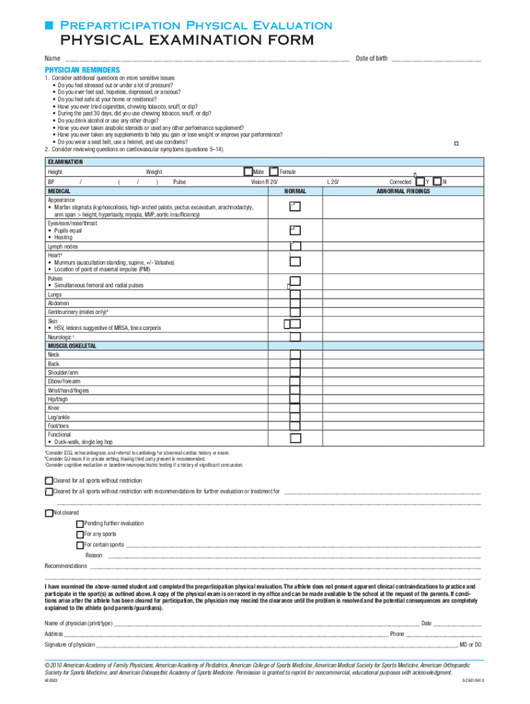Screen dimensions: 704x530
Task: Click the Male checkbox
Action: coord(248,171)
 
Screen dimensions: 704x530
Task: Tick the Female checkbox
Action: coord(274,171)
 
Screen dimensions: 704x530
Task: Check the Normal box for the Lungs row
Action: coord(295,294)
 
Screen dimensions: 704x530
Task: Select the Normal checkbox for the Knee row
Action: coord(295,407)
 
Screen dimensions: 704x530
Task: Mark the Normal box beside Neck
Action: coord(295,355)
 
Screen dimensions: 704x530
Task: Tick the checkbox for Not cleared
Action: coord(49,513)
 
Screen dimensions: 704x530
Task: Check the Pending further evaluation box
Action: coord(80,524)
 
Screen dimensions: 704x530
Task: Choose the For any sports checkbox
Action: coord(80,534)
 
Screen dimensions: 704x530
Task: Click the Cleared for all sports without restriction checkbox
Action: coord(49,481)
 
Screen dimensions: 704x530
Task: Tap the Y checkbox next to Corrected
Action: coord(420,181)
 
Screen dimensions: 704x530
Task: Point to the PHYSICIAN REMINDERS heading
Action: coord(83,70)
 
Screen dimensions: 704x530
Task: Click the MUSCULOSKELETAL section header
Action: coord(72,346)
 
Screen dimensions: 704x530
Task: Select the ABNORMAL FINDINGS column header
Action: coord(403,191)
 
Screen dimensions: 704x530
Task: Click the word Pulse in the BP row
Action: coord(180,182)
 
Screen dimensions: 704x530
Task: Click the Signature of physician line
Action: coord(275,645)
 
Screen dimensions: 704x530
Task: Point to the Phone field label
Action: coord(397,634)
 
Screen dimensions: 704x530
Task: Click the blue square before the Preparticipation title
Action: coord(49,25)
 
